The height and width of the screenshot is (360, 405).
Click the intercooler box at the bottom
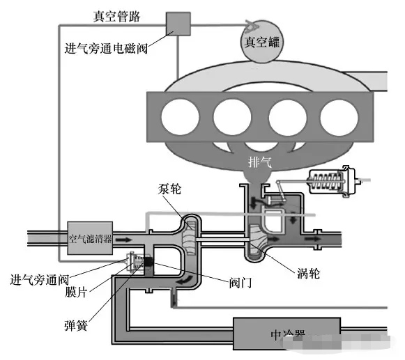pos(286,334)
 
